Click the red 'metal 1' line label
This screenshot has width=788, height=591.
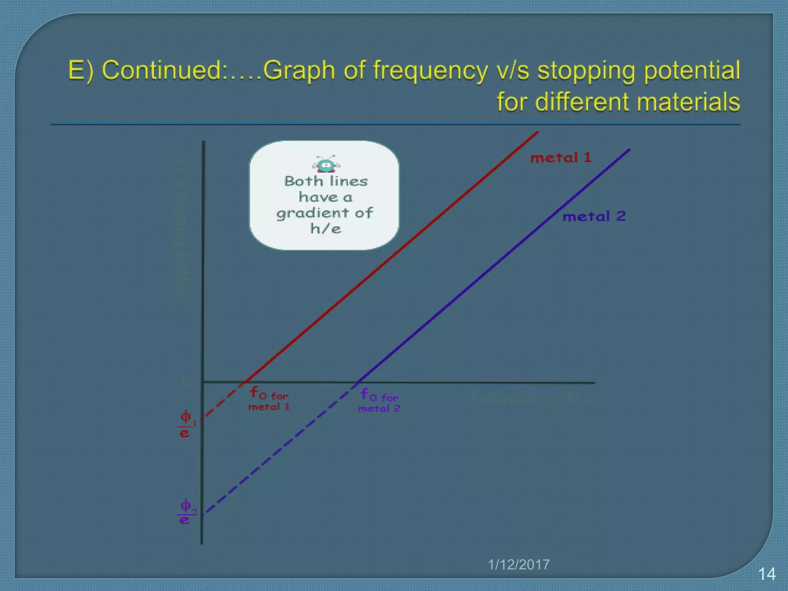[x=561, y=157]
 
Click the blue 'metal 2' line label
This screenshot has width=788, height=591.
[x=594, y=216]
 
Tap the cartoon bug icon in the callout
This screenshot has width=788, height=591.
[x=326, y=165]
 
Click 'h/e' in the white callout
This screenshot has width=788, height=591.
[x=326, y=229]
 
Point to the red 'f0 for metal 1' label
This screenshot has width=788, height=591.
[x=269, y=399]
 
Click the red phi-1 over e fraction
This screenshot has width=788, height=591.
[x=185, y=424]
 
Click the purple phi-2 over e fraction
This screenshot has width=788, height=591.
[x=185, y=512]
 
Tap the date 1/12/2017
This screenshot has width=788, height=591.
[x=519, y=564]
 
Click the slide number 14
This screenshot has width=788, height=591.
[x=766, y=574]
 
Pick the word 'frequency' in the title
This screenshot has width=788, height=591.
[x=430, y=71]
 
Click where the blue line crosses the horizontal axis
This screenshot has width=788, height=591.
[x=357, y=382]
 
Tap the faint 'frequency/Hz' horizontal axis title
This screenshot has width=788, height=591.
[x=531, y=397]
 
